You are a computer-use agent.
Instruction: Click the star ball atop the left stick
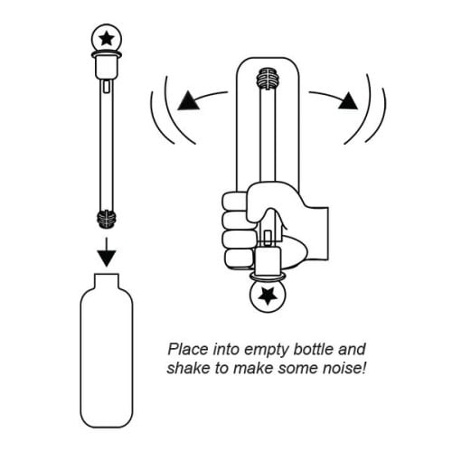(x=106, y=39)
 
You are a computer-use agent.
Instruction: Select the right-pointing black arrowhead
(x=348, y=100)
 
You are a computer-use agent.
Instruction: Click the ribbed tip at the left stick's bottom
(x=107, y=218)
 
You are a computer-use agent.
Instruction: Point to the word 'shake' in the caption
(x=188, y=369)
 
